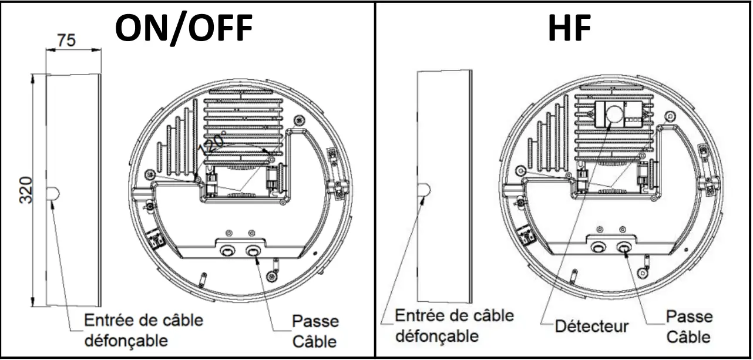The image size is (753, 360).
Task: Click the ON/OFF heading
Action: [183, 28]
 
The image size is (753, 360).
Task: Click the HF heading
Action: [568, 28]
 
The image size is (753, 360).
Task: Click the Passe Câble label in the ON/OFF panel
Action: [315, 331]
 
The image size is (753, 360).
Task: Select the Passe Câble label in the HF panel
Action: [688, 327]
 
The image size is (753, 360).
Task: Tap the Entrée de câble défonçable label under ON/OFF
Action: [143, 330]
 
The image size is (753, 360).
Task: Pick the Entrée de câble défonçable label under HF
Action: [453, 326]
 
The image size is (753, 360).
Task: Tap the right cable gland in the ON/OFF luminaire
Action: [254, 251]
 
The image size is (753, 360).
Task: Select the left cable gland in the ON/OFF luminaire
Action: [226, 251]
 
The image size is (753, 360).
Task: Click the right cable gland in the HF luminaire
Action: [625, 247]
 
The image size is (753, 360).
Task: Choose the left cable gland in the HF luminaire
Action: [598, 247]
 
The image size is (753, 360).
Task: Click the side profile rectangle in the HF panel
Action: [443, 186]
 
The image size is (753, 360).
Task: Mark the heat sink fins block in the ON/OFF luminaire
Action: [243, 126]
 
